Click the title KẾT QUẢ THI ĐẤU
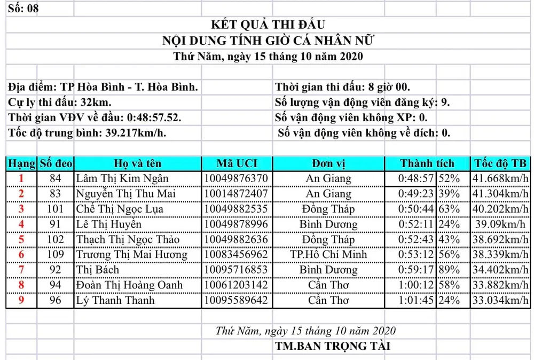[x=268, y=25]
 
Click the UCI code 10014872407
[x=237, y=193]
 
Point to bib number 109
[x=56, y=255]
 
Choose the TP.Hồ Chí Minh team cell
[x=328, y=255]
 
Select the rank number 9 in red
[x=21, y=301]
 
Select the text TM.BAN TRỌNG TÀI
[x=333, y=346]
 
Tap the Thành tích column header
[x=427, y=163]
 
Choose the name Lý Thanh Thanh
[x=115, y=301]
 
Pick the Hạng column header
[x=21, y=163]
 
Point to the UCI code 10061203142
[x=237, y=285]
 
